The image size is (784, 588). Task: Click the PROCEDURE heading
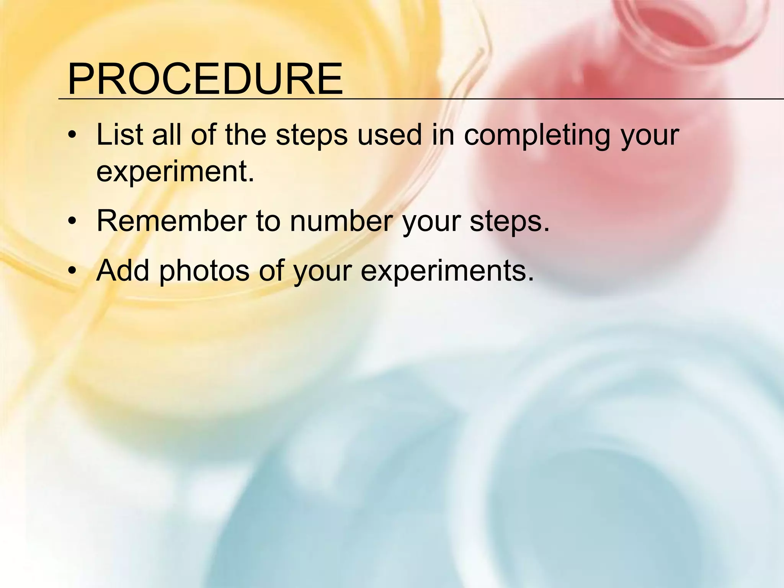coord(205,80)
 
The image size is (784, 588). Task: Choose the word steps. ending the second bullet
coord(510,222)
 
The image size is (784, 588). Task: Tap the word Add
coord(122,270)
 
